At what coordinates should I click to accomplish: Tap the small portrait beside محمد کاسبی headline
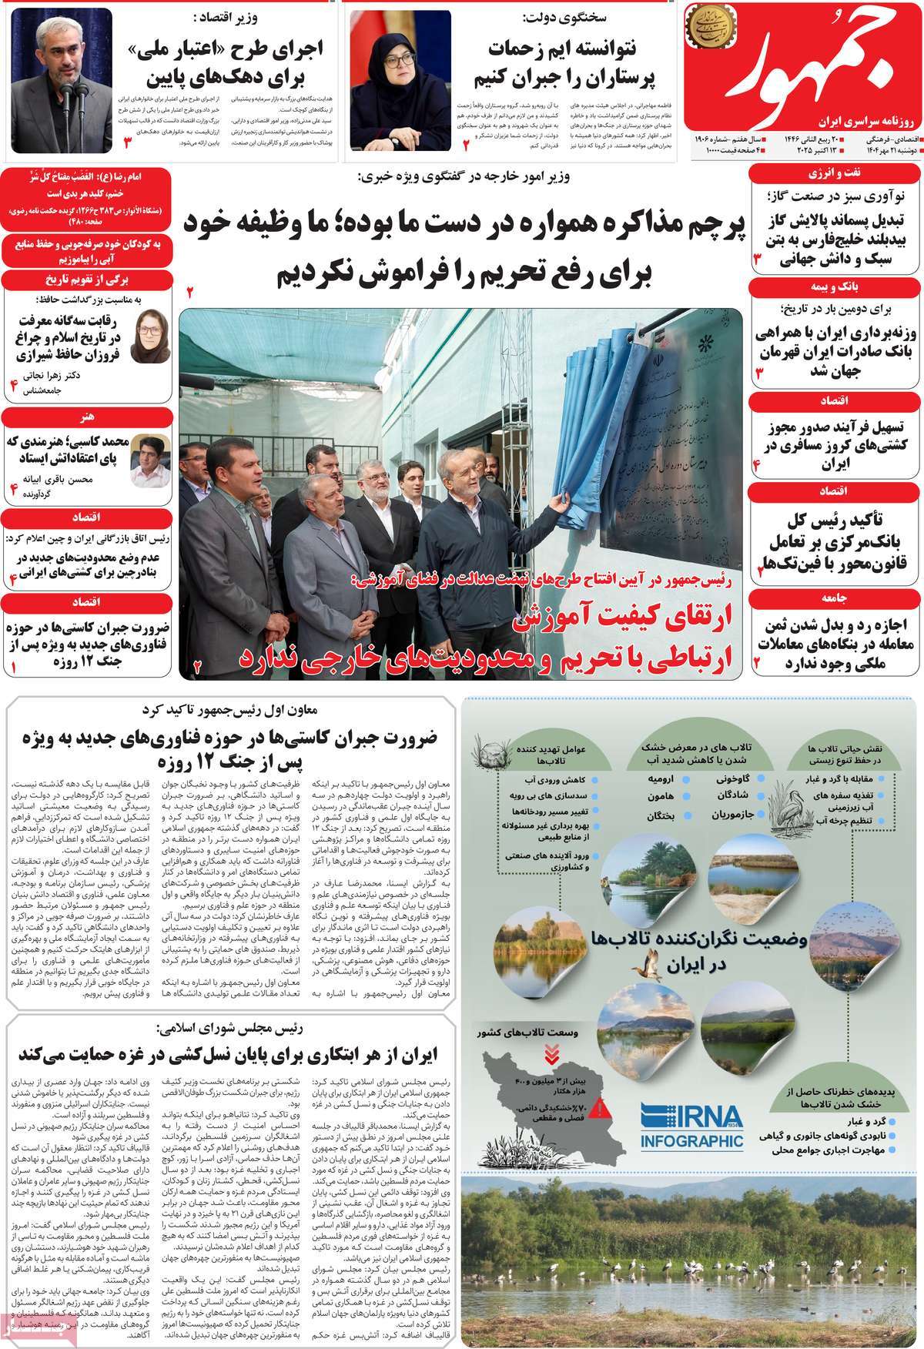145,454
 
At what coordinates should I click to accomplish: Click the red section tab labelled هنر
86,417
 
